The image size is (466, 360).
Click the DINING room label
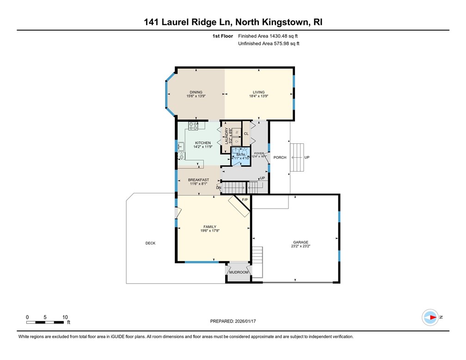tap(196, 92)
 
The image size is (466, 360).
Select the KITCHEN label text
tap(202, 143)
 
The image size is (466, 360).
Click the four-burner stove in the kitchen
tap(193, 125)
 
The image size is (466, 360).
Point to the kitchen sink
tap(181, 147)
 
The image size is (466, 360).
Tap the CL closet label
tap(246, 134)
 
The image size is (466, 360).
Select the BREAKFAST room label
tap(198, 180)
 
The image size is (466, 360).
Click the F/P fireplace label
tap(245, 199)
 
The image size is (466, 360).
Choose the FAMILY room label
tap(209, 227)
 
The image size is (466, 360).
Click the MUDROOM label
tap(238, 273)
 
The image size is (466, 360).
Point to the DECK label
tap(150, 243)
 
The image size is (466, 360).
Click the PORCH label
tap(280, 157)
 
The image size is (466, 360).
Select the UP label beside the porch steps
tap(307, 157)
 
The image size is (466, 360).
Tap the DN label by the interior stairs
tap(218, 187)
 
